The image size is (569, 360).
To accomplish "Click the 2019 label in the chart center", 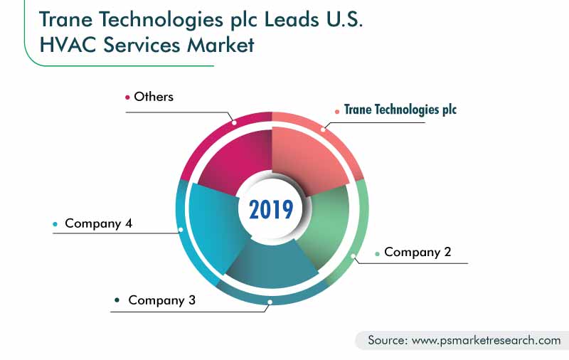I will click(x=271, y=209).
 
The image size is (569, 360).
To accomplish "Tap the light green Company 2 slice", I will click(x=324, y=227).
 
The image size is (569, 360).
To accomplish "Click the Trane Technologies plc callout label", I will click(x=400, y=110).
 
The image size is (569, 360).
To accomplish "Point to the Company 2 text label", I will click(x=417, y=252).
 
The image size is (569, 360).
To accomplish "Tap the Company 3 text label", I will click(x=161, y=300).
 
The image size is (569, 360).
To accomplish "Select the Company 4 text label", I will click(x=98, y=223).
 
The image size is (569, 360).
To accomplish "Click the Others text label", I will click(x=153, y=96).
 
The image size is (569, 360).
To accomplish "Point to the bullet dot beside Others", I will click(x=128, y=97).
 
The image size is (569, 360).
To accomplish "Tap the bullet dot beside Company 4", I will click(x=55, y=224).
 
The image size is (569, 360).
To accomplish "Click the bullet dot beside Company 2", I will click(x=377, y=253).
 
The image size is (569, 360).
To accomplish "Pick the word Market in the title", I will click(x=220, y=44).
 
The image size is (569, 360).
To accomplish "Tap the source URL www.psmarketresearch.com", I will click(x=485, y=340).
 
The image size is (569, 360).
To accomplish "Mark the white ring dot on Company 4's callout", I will click(x=181, y=229).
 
